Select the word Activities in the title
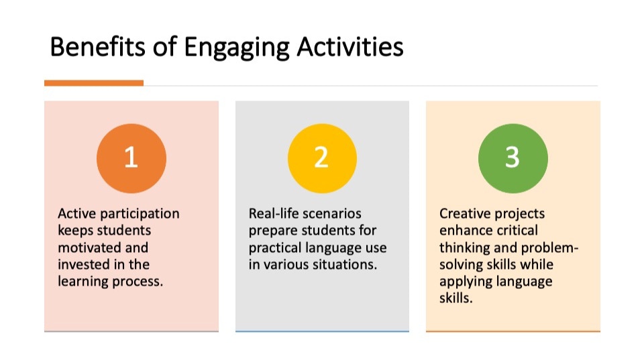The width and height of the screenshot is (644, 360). coord(350,46)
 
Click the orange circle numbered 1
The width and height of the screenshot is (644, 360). coord(131,158)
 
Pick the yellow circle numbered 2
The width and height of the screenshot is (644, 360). coord(322,158)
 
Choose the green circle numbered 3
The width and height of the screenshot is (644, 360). coord(513,158)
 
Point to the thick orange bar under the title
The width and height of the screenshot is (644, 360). coord(94,83)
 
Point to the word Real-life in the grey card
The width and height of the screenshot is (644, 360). coord(274,213)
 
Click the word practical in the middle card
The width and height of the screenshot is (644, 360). coord(274,248)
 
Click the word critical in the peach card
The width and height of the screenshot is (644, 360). coord(519,231)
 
